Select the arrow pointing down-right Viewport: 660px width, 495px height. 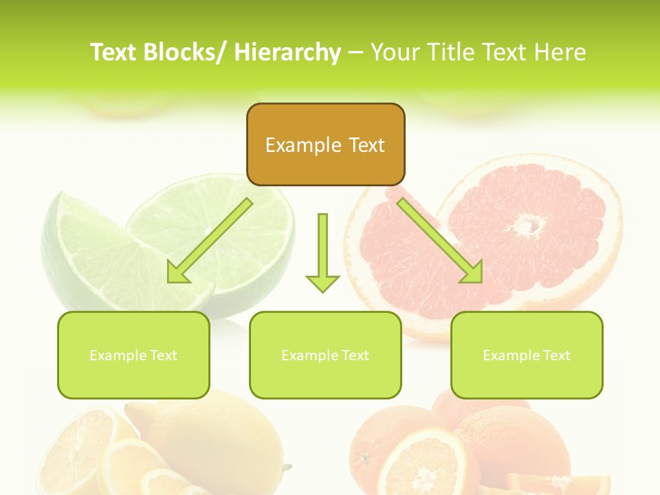coord(440,241)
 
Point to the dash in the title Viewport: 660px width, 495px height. coord(355,53)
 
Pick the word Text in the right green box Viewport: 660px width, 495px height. coord(555,355)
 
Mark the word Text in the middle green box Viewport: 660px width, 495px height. coord(354,355)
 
